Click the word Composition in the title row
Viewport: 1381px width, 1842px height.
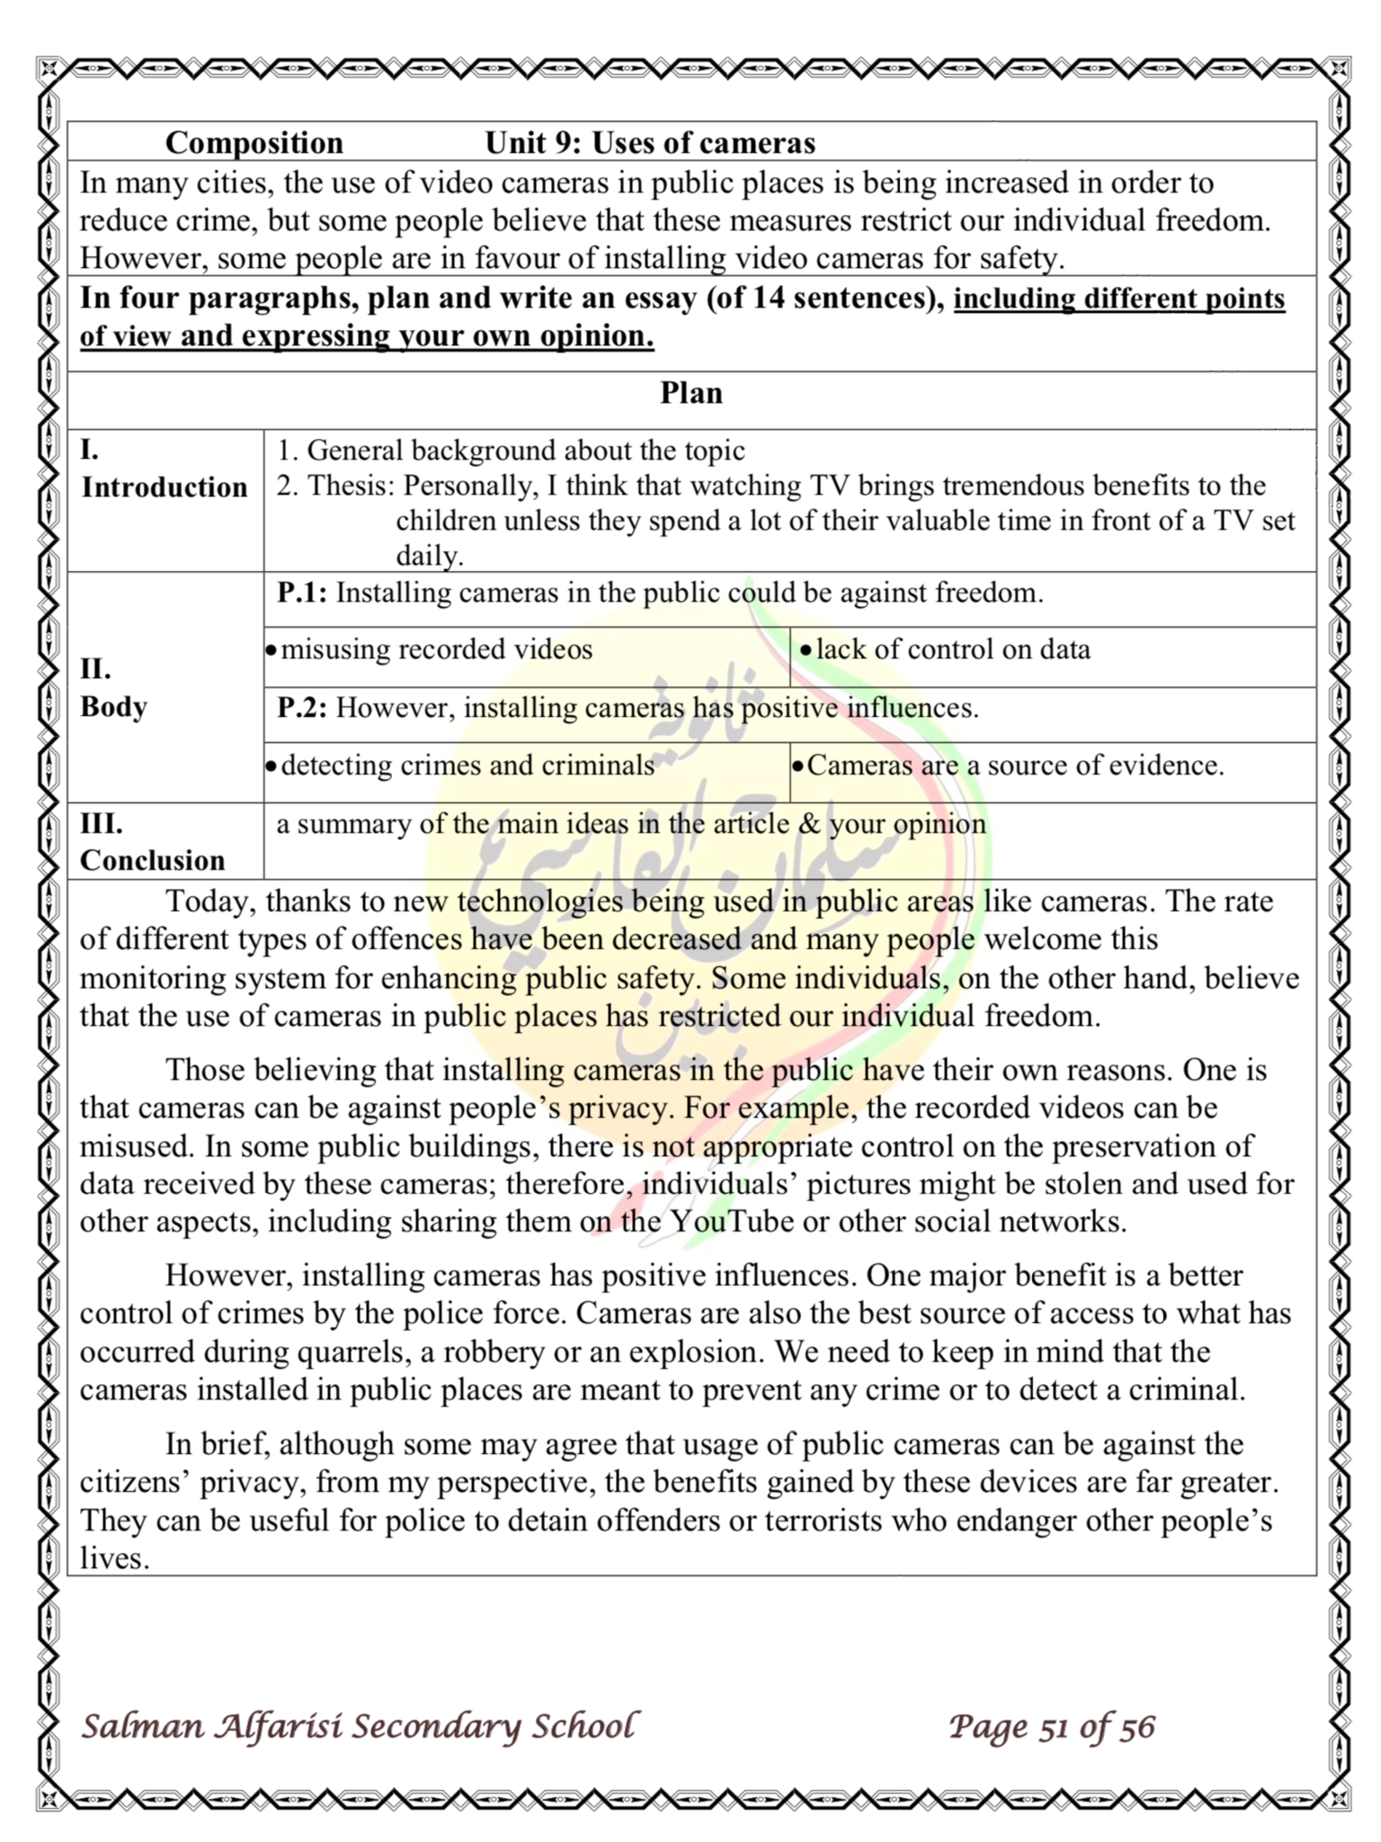click(254, 142)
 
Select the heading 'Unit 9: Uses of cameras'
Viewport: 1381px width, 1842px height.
click(650, 142)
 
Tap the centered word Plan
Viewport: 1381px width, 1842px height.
click(691, 393)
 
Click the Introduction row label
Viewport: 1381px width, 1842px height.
click(164, 487)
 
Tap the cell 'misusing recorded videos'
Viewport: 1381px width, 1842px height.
click(436, 649)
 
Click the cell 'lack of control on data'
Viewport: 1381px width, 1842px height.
click(952, 649)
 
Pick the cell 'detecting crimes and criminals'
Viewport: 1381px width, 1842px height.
click(467, 765)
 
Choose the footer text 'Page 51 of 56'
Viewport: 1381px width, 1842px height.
click(1051, 1727)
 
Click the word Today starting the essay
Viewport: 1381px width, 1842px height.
click(210, 902)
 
